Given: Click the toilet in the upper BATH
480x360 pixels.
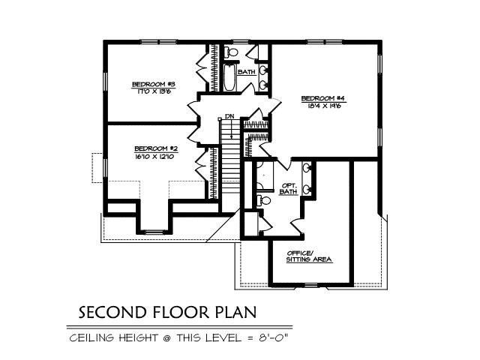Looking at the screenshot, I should [232, 52].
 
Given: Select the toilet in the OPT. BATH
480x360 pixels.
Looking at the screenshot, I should [259, 201].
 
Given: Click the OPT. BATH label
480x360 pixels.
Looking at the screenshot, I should [289, 187].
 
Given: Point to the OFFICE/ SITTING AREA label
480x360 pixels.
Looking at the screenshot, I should [308, 257].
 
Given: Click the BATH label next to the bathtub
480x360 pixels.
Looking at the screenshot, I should [247, 72].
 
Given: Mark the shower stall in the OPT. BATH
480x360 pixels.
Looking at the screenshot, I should [264, 172].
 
